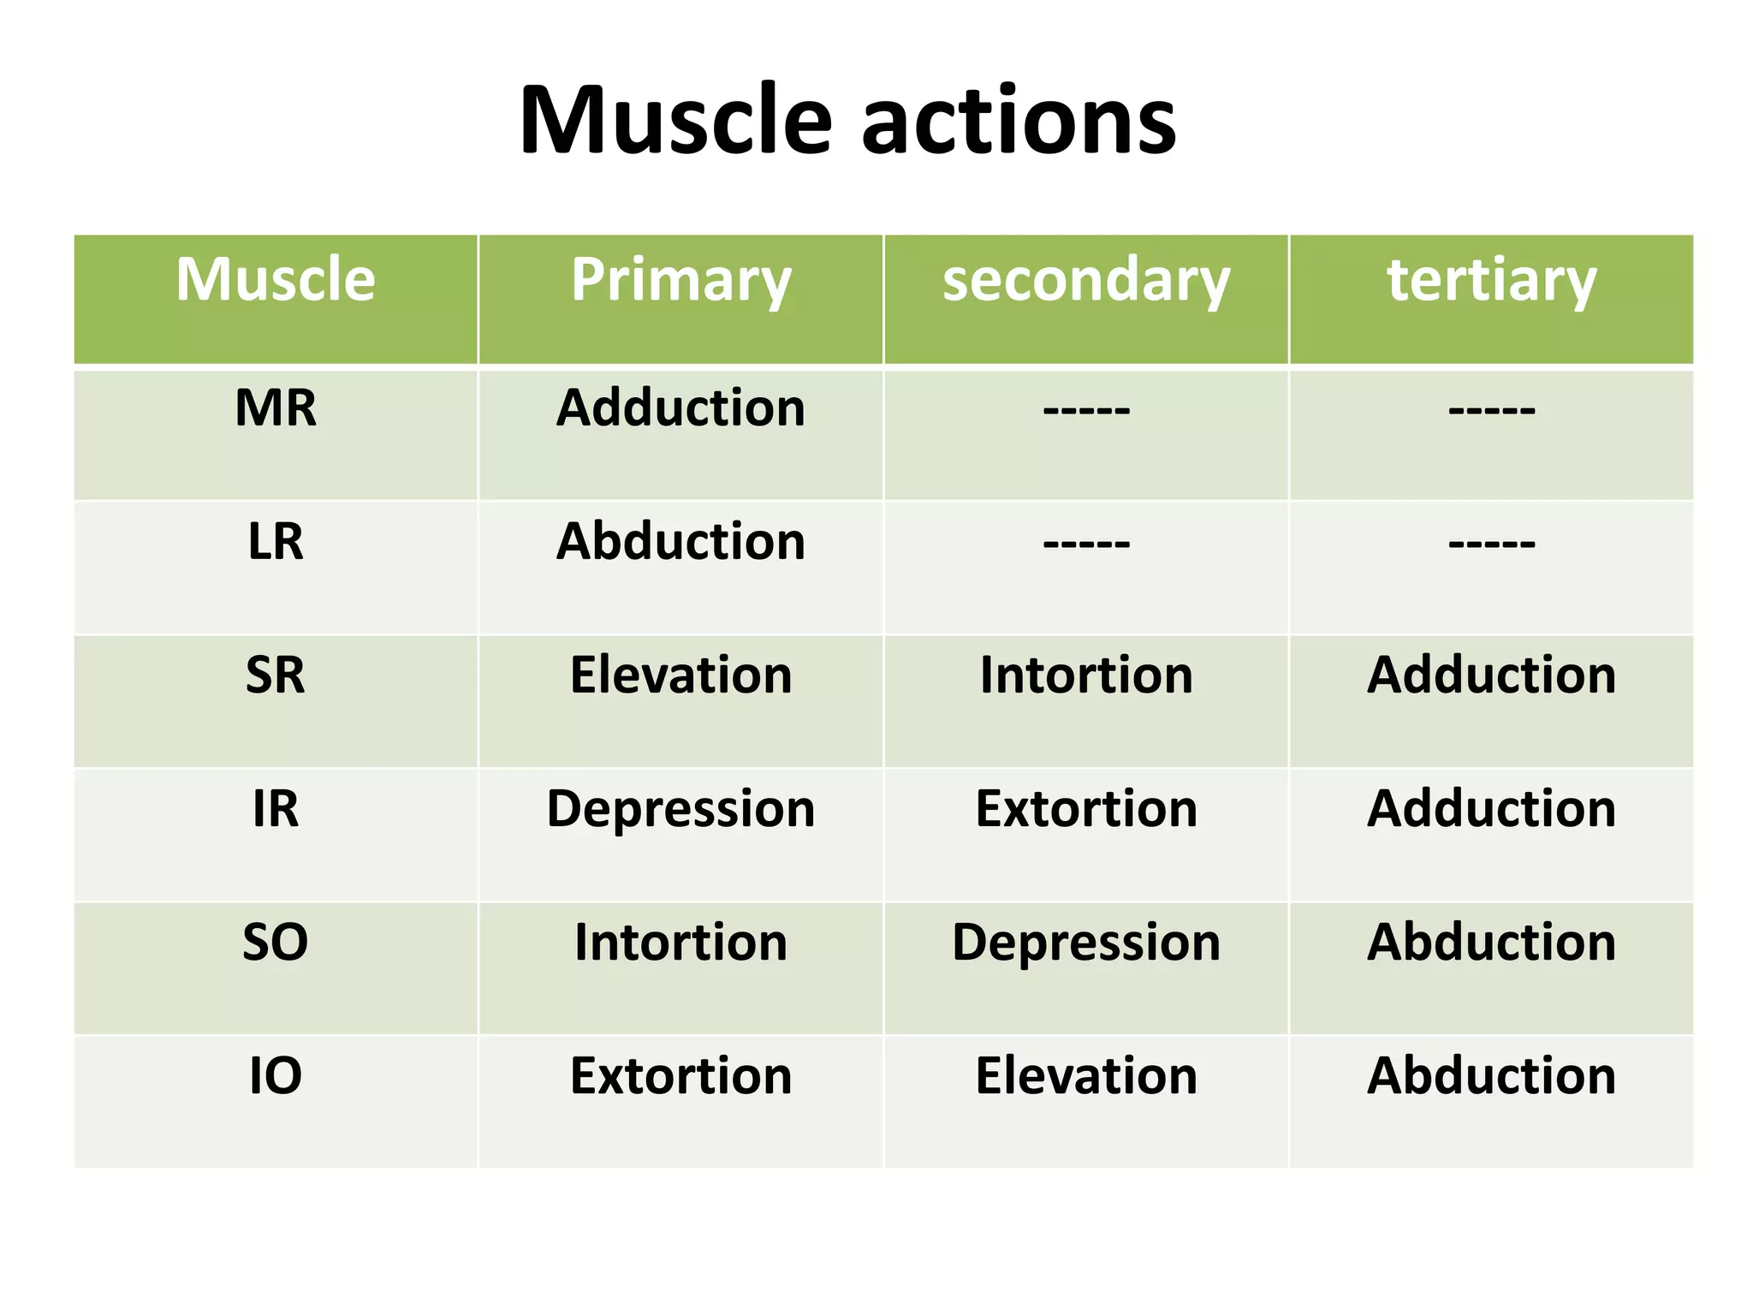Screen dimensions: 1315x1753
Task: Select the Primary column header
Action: tap(680, 280)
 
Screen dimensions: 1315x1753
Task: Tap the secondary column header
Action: tap(1085, 280)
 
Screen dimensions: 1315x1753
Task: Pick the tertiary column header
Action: tap(1491, 280)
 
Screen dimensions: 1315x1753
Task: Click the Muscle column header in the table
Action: tap(276, 280)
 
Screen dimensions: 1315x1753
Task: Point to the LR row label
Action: tap(276, 541)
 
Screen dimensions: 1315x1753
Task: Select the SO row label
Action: tap(276, 942)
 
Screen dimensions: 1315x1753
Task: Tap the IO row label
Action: tap(276, 1075)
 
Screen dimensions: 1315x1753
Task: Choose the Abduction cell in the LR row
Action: tap(680, 541)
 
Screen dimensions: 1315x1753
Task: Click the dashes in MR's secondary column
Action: tap(1085, 410)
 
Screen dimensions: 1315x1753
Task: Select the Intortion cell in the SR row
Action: tap(1085, 675)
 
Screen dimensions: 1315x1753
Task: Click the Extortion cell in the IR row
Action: tap(1085, 808)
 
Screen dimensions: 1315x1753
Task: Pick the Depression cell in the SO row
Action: tap(1085, 942)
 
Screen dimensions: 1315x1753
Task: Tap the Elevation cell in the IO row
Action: tap(1085, 1075)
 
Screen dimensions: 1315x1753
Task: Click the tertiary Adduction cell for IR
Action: tap(1491, 808)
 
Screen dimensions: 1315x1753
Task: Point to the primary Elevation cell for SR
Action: tap(680, 675)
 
